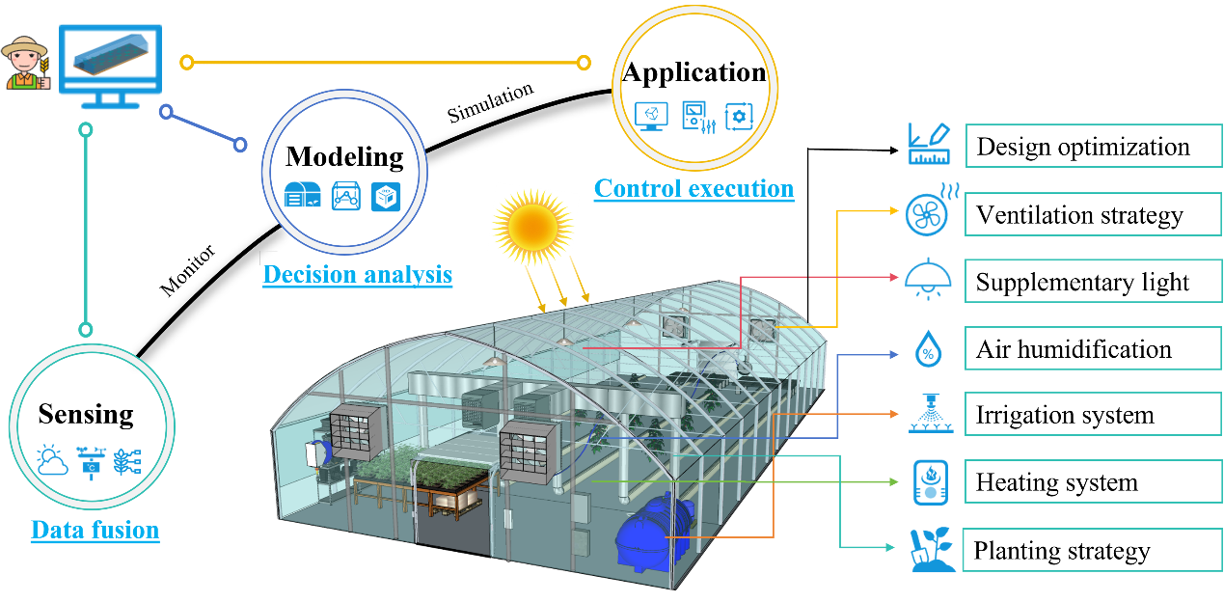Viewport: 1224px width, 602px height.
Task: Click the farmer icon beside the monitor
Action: (x=25, y=64)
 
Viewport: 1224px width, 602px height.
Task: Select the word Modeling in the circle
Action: (x=344, y=156)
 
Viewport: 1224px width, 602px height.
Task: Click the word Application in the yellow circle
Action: (x=694, y=72)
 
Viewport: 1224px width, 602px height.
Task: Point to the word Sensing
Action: (x=86, y=415)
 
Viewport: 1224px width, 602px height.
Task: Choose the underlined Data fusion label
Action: (x=95, y=530)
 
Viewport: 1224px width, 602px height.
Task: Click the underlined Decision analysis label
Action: (x=357, y=275)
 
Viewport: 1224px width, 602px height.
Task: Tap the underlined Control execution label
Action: (x=694, y=188)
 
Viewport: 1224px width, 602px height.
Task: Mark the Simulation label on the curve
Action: (x=490, y=103)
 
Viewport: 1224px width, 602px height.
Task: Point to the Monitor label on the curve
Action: (x=187, y=271)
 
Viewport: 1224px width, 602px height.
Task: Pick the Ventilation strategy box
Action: (x=1093, y=214)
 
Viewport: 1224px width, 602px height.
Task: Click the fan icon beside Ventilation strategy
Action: (x=928, y=214)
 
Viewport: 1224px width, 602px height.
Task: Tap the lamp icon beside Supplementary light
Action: (x=928, y=279)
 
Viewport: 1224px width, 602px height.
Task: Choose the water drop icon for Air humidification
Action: (x=928, y=349)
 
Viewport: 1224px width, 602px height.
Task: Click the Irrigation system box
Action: (x=1093, y=416)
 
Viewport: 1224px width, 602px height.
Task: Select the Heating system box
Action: (x=1093, y=482)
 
